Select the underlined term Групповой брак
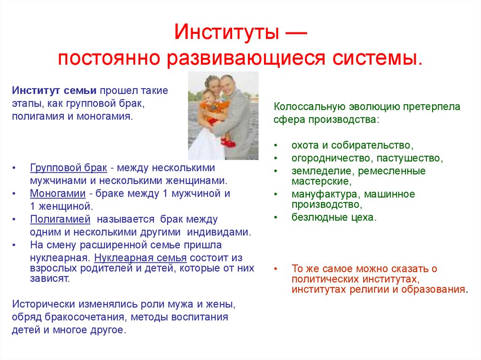point(69,168)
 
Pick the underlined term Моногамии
point(58,193)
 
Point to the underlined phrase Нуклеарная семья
point(140,258)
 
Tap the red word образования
point(434,289)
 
